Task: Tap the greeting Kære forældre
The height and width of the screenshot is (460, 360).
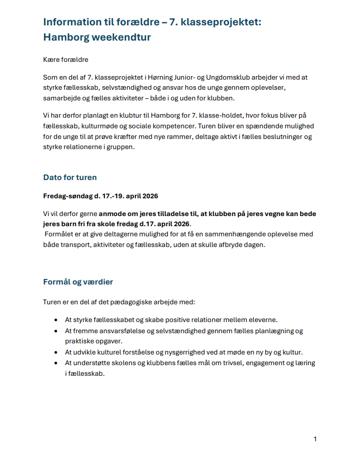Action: point(66,60)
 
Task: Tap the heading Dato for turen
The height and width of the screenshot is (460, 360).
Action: point(70,178)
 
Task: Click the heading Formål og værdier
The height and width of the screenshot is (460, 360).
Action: point(78,281)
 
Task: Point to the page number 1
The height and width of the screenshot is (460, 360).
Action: point(315,439)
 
